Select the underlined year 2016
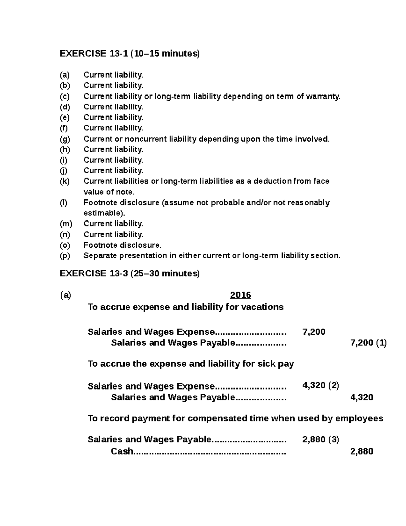(240, 295)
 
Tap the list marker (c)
(65, 97)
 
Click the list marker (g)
(65, 139)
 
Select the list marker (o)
(65, 245)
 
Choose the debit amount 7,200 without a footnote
(314, 332)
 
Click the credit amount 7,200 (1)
(368, 343)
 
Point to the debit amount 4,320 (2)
(320, 385)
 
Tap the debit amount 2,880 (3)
(320, 439)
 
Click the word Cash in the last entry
(122, 451)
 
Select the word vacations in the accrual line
(264, 307)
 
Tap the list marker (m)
(66, 224)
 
